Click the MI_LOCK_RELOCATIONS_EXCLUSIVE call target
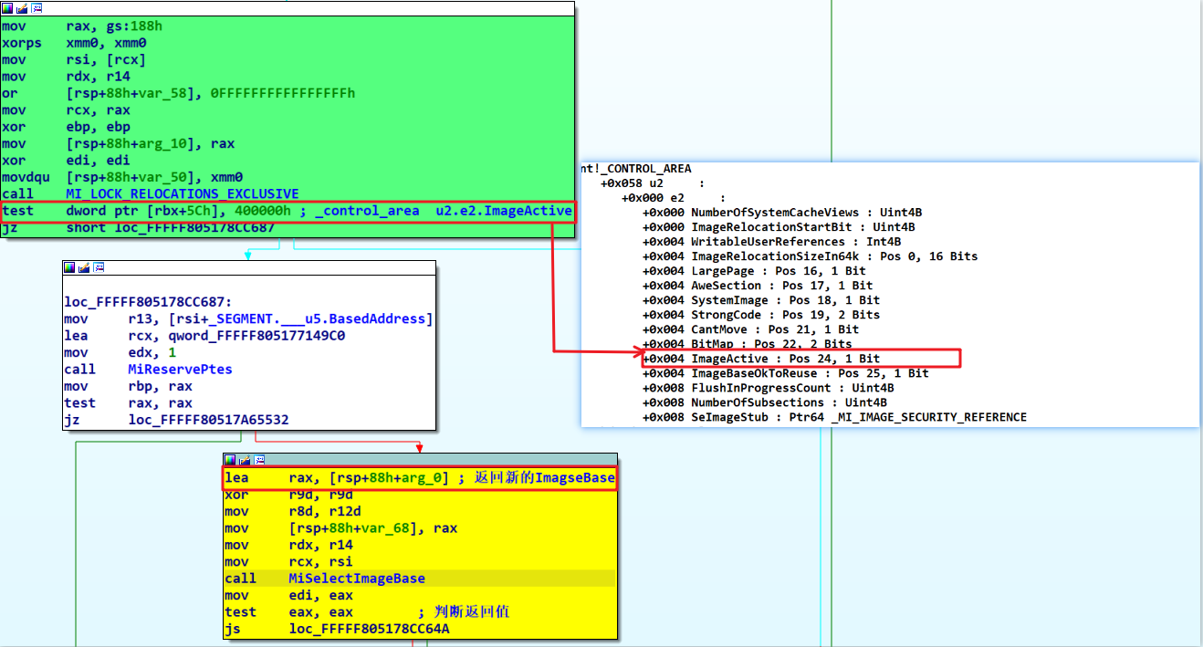pos(182,193)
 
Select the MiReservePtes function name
pos(180,370)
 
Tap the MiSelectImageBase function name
pos(357,579)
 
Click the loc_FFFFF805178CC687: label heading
pos(148,302)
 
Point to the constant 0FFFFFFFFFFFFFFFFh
pos(282,93)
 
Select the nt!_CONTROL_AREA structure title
pos(636,169)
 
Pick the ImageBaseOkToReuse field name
pos(754,373)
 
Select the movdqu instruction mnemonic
pos(26,177)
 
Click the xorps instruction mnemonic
pos(22,43)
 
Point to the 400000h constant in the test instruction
pos(263,211)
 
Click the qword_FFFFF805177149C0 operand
pos(256,336)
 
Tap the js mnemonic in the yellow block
pos(233,629)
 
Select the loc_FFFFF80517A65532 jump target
pos(208,420)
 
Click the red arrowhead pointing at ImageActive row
pos(639,352)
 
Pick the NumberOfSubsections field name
pos(758,402)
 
